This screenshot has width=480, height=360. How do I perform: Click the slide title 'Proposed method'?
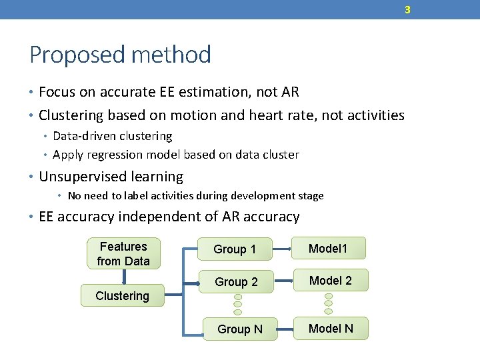(120, 55)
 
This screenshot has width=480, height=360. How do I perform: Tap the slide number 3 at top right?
(407, 9)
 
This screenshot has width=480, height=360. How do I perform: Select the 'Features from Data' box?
(123, 254)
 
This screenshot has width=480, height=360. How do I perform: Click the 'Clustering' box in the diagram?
(123, 296)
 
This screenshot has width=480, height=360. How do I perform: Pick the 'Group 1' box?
(235, 249)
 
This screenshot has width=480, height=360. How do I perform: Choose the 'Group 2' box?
(236, 282)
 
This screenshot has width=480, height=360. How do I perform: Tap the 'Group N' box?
(240, 329)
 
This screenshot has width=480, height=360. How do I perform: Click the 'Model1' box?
(328, 249)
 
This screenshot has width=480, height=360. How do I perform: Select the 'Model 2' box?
(331, 281)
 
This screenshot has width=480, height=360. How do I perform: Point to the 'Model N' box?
(331, 328)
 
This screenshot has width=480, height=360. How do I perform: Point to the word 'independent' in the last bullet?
(152, 217)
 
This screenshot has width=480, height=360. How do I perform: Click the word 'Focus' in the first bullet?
(56, 92)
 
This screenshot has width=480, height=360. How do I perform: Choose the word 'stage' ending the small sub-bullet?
(311, 196)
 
